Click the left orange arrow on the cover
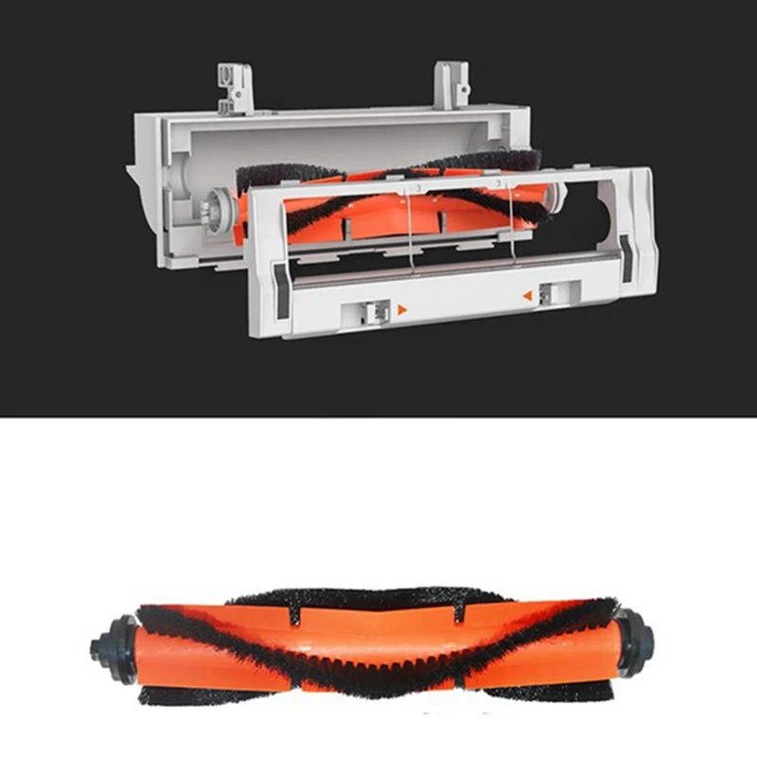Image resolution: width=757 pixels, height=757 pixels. click(402, 308)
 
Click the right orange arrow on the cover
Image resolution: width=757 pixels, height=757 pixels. click(527, 296)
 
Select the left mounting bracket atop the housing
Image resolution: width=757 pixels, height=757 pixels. click(236, 87)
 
